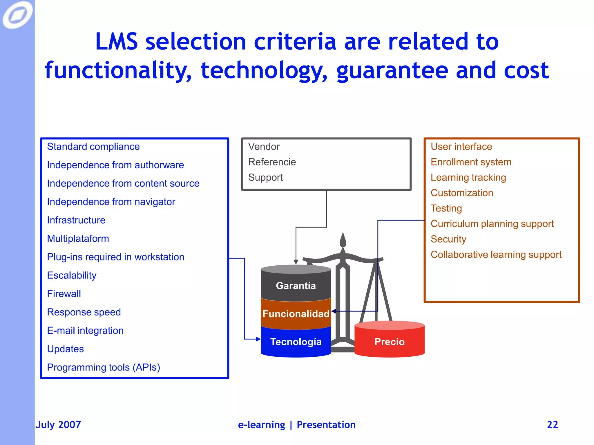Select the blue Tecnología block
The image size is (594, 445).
pyautogui.click(x=296, y=342)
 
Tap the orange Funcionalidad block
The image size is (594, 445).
pyautogui.click(x=296, y=314)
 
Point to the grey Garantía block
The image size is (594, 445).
pyautogui.click(x=296, y=286)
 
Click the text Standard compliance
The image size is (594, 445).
pyautogui.click(x=93, y=147)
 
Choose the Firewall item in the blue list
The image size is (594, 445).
pyautogui.click(x=64, y=294)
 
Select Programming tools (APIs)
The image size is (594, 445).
pyautogui.click(x=103, y=367)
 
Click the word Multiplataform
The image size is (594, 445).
pyautogui.click(x=78, y=238)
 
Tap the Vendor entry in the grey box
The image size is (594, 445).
pyautogui.click(x=264, y=147)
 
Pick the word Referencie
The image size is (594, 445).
pyautogui.click(x=272, y=162)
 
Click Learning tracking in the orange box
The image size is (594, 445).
pyautogui.click(x=468, y=177)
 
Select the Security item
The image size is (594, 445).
pyautogui.click(x=448, y=239)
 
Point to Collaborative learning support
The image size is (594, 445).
pyautogui.click(x=496, y=254)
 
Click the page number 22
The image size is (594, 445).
pyautogui.click(x=552, y=424)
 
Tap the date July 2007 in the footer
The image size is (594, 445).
pyautogui.click(x=58, y=424)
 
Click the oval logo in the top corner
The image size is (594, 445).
pyautogui.click(x=17, y=14)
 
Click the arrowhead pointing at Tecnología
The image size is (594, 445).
pyautogui.click(x=258, y=339)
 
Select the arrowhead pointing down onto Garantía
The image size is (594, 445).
pyautogui.click(x=296, y=262)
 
